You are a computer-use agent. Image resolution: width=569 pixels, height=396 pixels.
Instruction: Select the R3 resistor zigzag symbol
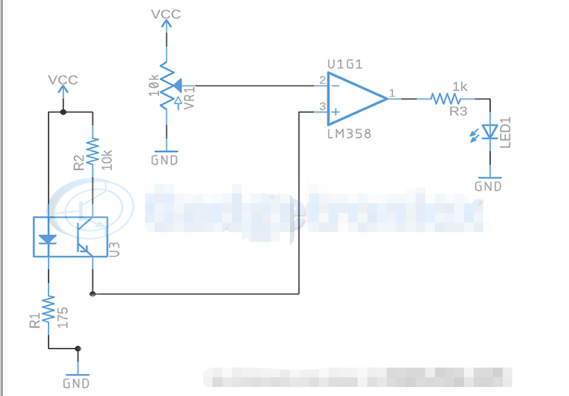click(x=446, y=99)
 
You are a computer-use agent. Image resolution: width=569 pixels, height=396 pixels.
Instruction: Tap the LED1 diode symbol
click(x=490, y=132)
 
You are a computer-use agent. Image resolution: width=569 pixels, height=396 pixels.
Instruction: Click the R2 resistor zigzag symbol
click(x=93, y=152)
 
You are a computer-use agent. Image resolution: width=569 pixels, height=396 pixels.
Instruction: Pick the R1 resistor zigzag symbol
click(x=48, y=312)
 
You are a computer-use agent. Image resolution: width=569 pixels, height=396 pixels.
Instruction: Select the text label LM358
click(x=349, y=134)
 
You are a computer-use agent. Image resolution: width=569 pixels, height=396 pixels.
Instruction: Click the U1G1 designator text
click(x=345, y=64)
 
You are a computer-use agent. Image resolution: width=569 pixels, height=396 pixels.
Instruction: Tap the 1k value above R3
click(x=460, y=86)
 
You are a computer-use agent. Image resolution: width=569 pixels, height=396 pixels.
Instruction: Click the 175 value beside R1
click(x=63, y=317)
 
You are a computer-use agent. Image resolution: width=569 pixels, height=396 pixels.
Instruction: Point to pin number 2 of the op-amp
click(x=322, y=81)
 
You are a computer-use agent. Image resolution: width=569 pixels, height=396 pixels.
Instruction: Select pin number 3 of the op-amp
click(x=322, y=107)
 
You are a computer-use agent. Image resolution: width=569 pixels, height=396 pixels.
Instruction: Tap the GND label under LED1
click(x=488, y=186)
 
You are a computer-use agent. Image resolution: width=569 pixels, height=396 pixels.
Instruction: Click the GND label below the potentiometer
click(x=164, y=160)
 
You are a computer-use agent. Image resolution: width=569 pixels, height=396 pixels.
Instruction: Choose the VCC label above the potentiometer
click(x=166, y=14)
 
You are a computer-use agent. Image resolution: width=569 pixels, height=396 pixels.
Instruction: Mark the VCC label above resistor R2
click(x=63, y=79)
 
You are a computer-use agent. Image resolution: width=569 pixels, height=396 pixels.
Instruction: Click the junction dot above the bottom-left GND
click(x=78, y=349)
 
